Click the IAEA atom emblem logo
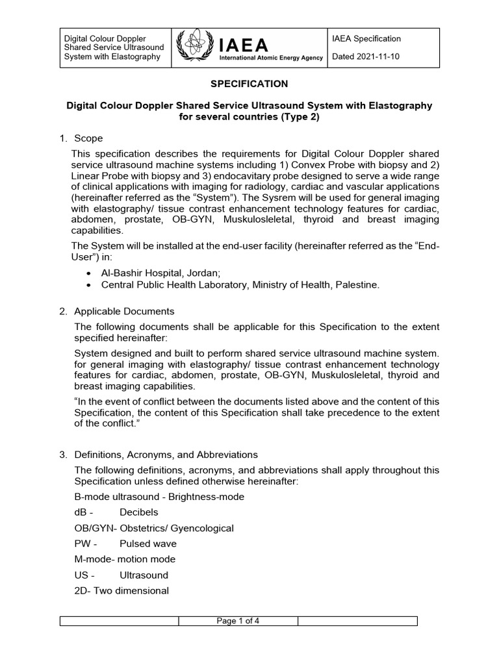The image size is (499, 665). [194, 47]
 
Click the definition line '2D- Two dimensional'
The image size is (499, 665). [122, 590]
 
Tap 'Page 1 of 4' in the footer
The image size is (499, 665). [238, 621]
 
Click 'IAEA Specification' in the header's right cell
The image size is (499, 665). [366, 39]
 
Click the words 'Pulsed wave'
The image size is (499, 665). [148, 544]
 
